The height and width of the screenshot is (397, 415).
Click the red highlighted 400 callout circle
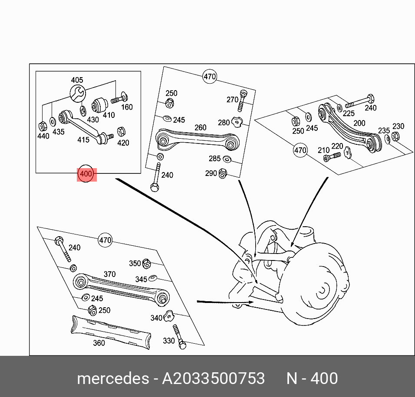coord(86,174)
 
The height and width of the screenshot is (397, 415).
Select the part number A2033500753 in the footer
coord(213,378)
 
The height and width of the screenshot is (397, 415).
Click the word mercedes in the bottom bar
coord(112,378)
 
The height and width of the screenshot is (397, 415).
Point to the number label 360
coord(99,343)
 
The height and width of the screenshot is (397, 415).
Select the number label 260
coord(200,128)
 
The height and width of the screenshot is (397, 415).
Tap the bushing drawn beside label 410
coord(100,104)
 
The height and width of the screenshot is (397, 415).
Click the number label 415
coord(83,140)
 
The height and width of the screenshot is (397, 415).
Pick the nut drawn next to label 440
coord(42,126)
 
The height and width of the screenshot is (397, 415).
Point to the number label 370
coord(109,274)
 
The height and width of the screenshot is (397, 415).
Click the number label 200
coord(359,124)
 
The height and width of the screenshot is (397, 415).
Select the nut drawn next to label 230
coord(395,137)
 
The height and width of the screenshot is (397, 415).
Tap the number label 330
coord(169,341)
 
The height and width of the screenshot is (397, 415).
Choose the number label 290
coord(211,173)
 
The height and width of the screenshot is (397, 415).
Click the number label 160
coord(127,107)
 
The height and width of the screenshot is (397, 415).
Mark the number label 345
coord(141,280)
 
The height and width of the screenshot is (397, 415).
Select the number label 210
coord(323,150)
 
